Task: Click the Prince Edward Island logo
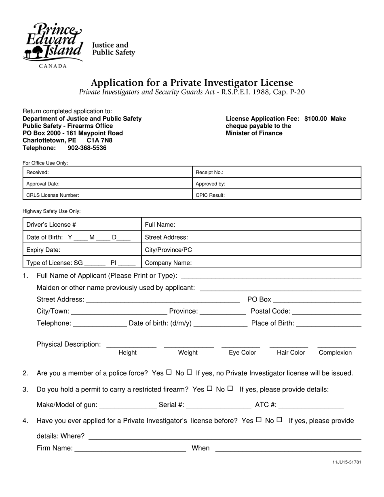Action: coord(53,44)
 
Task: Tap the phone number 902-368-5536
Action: coord(87,148)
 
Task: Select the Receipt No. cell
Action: coord(276,172)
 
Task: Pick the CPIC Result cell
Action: coord(276,195)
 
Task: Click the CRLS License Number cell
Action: coord(107,195)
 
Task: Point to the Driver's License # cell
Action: coord(82,224)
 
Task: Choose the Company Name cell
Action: coord(251,263)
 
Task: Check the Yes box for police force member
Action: coord(169,372)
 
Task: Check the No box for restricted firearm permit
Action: coord(230,389)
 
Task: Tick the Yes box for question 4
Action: coord(259,420)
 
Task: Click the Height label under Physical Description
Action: coord(127,353)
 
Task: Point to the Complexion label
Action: coord(335,353)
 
